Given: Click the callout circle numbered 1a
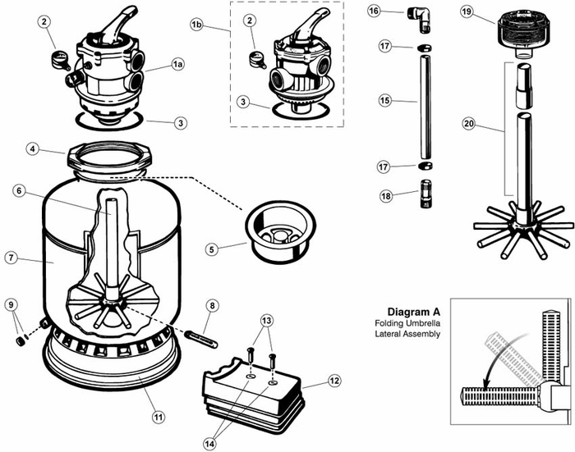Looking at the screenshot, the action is (x=177, y=65).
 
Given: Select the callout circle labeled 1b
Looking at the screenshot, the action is (x=196, y=25).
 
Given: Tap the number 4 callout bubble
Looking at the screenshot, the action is (x=33, y=148).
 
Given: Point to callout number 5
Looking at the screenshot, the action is (x=212, y=250).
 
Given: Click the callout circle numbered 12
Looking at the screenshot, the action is (x=334, y=381).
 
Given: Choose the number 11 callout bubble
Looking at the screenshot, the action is (x=159, y=417).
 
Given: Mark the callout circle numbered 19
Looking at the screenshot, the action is (x=467, y=11).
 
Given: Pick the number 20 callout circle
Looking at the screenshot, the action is (x=469, y=124).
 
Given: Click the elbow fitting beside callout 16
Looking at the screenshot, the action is (x=421, y=17).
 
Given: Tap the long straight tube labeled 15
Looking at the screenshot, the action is (x=425, y=107).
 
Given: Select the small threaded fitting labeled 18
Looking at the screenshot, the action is (x=425, y=194).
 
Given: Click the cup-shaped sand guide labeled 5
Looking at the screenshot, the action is (x=280, y=231).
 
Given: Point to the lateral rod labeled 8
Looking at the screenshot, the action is (x=201, y=339).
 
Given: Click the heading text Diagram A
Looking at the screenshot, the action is (x=414, y=312).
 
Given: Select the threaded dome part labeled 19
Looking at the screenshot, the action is (x=517, y=34).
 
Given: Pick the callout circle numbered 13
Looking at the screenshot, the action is (x=267, y=321).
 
